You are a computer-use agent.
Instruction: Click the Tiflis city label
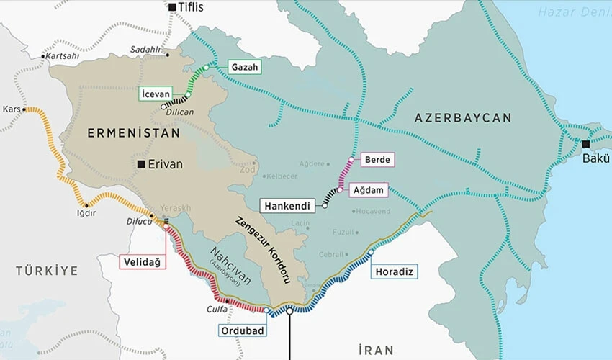click(191, 7)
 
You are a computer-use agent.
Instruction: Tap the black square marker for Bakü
click(585, 144)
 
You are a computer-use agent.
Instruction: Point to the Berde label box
click(379, 160)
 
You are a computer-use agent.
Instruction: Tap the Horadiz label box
click(395, 271)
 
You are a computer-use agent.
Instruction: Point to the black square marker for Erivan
click(142, 164)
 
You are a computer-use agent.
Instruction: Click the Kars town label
click(12, 109)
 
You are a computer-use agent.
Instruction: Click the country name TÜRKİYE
click(46, 271)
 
